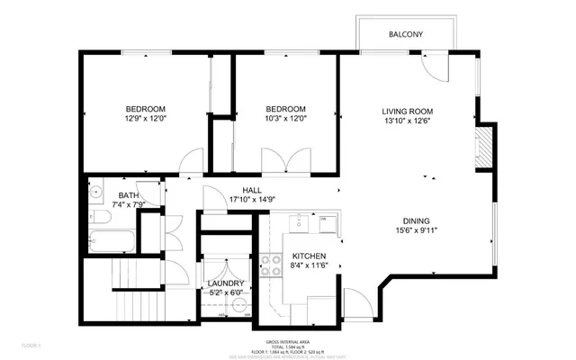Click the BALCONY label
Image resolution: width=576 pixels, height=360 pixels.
(x=406, y=35)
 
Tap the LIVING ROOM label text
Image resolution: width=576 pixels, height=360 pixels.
(x=409, y=111)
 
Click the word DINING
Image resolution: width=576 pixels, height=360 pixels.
(x=416, y=221)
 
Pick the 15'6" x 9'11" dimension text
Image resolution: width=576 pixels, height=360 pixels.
(x=416, y=231)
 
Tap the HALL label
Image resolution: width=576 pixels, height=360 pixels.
(x=251, y=190)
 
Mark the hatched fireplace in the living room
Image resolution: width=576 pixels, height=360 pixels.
(x=484, y=145)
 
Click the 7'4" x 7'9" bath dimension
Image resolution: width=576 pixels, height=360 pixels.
(x=128, y=205)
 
